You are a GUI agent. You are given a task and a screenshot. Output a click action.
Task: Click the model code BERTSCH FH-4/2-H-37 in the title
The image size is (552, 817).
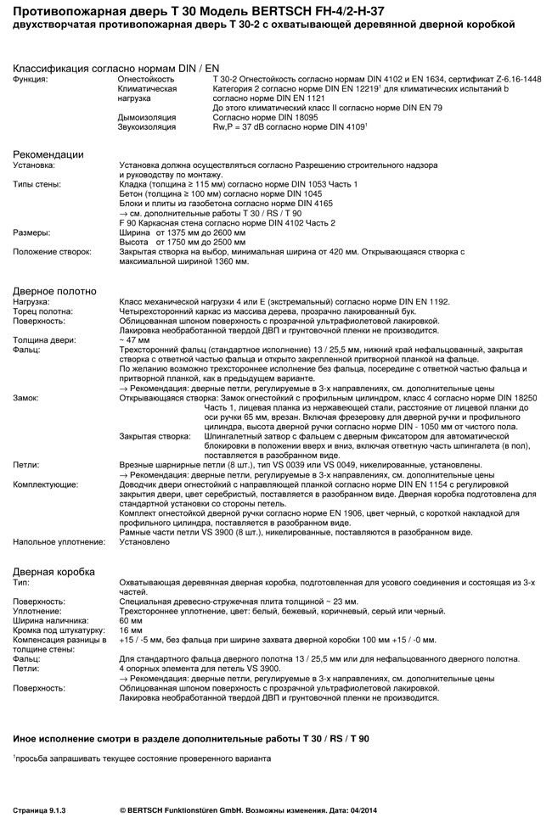tap(368, 11)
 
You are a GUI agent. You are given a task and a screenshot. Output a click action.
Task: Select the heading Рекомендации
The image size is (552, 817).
tap(48, 154)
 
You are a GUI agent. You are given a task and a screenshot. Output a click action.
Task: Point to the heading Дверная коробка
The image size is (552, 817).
tap(54, 571)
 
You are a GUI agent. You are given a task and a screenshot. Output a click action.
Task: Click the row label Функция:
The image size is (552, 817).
tap(31, 79)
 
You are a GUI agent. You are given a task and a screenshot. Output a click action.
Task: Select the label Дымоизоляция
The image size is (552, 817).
tap(147, 117)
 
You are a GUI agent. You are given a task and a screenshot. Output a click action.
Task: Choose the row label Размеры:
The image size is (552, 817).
tap(31, 232)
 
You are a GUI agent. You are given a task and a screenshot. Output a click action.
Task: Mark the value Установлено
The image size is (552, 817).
tap(145, 540)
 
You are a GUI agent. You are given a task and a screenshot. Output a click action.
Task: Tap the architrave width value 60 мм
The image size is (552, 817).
tap(131, 620)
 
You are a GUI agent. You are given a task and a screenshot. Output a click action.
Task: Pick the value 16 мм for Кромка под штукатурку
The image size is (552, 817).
tap(131, 630)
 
